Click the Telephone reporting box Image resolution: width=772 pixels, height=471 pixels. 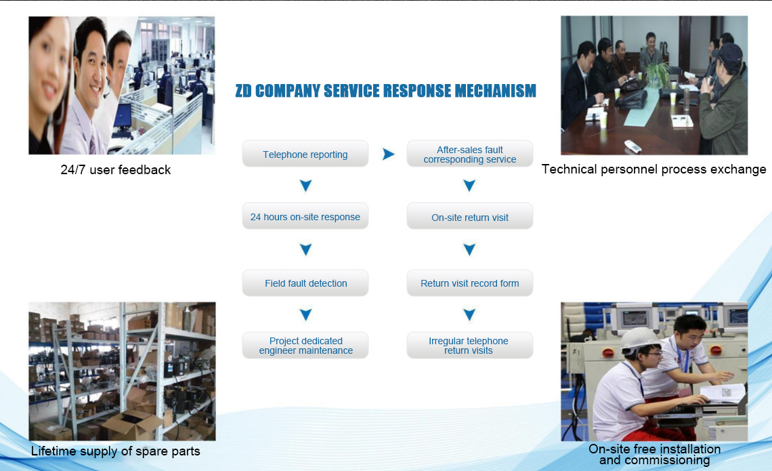tap(305, 154)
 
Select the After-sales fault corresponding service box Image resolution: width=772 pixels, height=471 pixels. tap(470, 154)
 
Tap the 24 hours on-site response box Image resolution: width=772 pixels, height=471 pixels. tap(305, 216)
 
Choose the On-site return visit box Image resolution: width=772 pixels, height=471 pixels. tap(470, 216)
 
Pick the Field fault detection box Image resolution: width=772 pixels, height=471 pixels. tap(305, 283)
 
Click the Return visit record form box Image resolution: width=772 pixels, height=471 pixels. tap(470, 283)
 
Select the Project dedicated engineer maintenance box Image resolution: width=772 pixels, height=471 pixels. tap(305, 345)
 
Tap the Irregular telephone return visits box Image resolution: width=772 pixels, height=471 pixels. tap(470, 345)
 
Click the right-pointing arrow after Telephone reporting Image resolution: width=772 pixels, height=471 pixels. tap(389, 155)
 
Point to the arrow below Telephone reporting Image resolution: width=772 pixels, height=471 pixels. tap(305, 185)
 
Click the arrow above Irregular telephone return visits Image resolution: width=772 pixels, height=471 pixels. tap(470, 314)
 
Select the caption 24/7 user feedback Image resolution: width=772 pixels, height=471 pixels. tap(116, 170)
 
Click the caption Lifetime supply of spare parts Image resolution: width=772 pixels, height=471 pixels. tap(116, 451)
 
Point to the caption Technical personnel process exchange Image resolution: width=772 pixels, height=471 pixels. tap(654, 169)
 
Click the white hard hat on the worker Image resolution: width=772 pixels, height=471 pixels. tap(639, 340)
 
